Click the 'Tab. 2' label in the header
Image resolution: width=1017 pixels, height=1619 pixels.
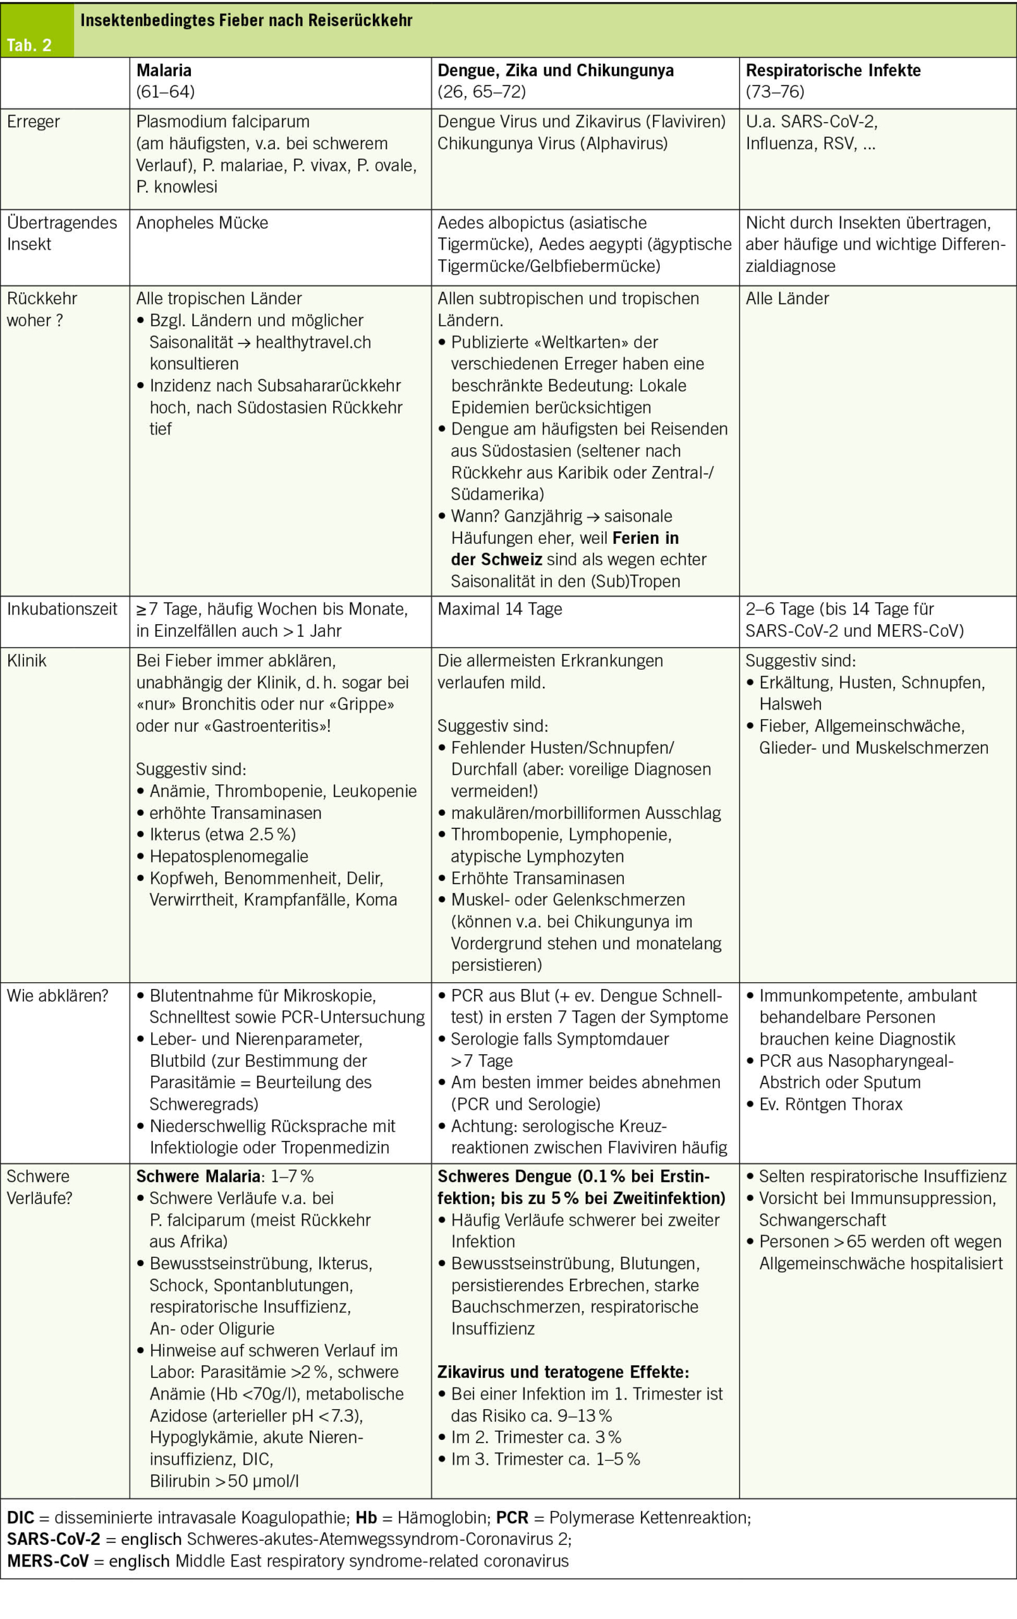pyautogui.click(x=29, y=46)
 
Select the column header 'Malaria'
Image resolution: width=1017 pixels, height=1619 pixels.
pyautogui.click(x=164, y=71)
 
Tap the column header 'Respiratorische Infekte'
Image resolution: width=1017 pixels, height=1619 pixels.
pyautogui.click(x=833, y=71)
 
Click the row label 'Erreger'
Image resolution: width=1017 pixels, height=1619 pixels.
pyautogui.click(x=33, y=121)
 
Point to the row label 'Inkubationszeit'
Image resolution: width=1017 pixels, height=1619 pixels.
pyautogui.click(x=62, y=609)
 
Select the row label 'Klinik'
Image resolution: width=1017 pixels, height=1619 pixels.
pyautogui.click(x=27, y=661)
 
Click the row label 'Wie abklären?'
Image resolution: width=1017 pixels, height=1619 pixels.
pyautogui.click(x=57, y=995)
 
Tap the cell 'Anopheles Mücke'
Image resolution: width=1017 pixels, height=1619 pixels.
pyautogui.click(x=202, y=223)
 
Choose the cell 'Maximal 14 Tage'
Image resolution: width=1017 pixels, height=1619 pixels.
pyautogui.click(x=499, y=609)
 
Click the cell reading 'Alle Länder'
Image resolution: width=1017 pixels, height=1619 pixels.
pyautogui.click(x=787, y=299)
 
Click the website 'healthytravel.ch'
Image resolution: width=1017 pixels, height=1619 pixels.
pyautogui.click(x=314, y=342)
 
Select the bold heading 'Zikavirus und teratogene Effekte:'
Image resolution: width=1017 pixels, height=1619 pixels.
pyautogui.click(x=563, y=1372)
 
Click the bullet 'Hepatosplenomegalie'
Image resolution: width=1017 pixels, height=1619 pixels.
pyautogui.click(x=229, y=856)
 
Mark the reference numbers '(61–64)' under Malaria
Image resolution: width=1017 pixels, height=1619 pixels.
pyautogui.click(x=166, y=92)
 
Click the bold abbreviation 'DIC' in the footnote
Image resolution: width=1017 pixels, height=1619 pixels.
pyautogui.click(x=20, y=1517)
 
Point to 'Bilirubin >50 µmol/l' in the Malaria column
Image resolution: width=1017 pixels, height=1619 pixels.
pyautogui.click(x=224, y=1481)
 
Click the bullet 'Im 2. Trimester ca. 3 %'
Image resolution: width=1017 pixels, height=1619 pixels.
pyautogui.click(x=536, y=1437)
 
